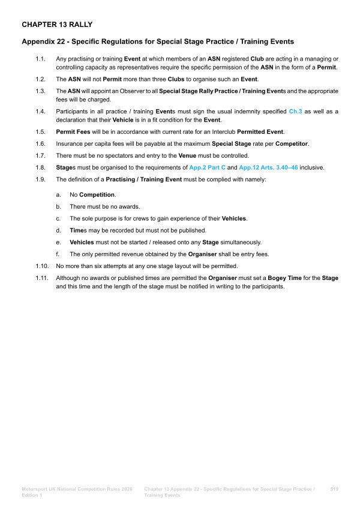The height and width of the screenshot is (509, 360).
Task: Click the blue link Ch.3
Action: [x=296, y=112]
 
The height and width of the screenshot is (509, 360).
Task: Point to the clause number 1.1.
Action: [x=40, y=59]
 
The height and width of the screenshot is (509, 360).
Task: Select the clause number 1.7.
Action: [x=40, y=155]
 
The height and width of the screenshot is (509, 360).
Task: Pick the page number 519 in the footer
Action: [x=334, y=490]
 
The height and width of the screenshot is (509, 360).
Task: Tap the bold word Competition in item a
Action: [x=98, y=195]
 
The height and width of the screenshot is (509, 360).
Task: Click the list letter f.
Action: [x=58, y=254]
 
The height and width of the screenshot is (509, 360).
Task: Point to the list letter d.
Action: [x=58, y=230]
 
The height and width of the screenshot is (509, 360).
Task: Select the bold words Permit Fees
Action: [x=74, y=131]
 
